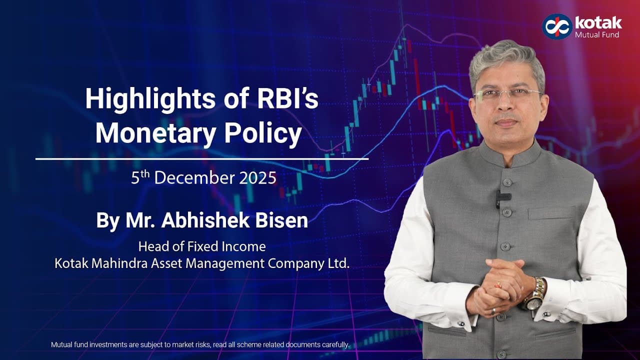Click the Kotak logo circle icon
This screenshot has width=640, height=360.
557,26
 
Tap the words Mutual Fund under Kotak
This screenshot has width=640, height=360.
597,35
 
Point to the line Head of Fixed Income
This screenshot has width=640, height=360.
201,246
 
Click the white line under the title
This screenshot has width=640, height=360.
201,159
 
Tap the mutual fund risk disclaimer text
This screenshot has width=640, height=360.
200,344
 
